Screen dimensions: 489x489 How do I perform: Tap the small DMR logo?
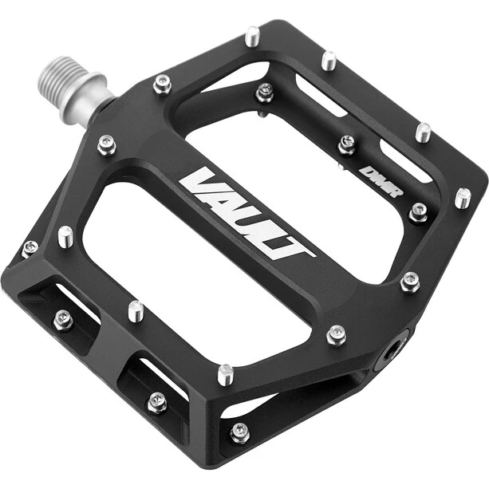click(x=381, y=182)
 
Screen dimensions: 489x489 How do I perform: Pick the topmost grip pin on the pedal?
click(x=252, y=35)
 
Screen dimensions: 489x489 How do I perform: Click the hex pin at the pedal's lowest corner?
click(x=239, y=433)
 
